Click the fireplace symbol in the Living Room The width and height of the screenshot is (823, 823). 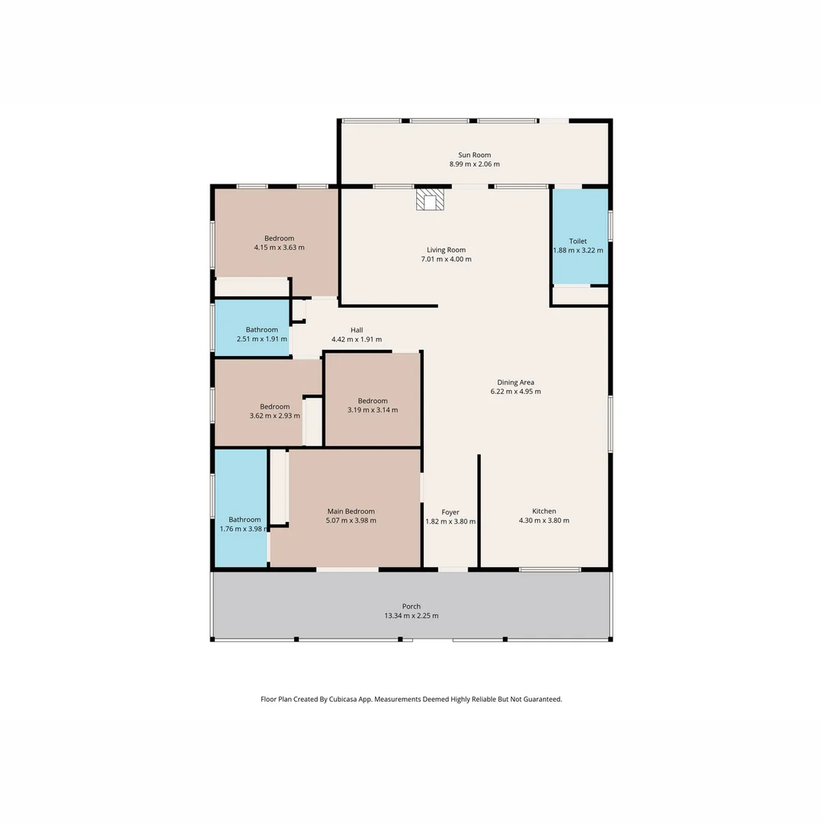pyautogui.click(x=430, y=200)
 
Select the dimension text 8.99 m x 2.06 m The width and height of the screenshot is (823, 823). pyautogui.click(x=474, y=164)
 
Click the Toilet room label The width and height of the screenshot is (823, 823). pyautogui.click(x=578, y=241)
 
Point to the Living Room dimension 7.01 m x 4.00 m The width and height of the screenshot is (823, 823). pyautogui.click(x=446, y=259)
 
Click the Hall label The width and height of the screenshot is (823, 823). pyautogui.click(x=357, y=330)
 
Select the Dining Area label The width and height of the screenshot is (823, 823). pyautogui.click(x=515, y=383)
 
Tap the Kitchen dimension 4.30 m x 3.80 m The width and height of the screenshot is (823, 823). pyautogui.click(x=544, y=520)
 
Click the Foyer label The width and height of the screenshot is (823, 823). pyautogui.click(x=450, y=512)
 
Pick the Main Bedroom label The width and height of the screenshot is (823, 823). pyautogui.click(x=351, y=511)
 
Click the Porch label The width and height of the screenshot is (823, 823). pyautogui.click(x=411, y=607)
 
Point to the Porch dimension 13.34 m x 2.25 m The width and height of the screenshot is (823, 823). pyautogui.click(x=411, y=616)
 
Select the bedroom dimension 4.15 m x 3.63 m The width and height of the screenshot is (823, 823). pyautogui.click(x=279, y=248)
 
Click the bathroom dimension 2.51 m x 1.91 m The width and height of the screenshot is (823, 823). pyautogui.click(x=262, y=339)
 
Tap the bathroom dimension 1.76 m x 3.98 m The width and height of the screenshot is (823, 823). pyautogui.click(x=245, y=529)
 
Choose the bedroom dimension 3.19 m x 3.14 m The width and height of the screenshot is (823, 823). pyautogui.click(x=373, y=410)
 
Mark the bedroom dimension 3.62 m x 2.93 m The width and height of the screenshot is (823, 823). pyautogui.click(x=274, y=416)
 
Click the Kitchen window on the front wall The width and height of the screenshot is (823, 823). pyautogui.click(x=549, y=569)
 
